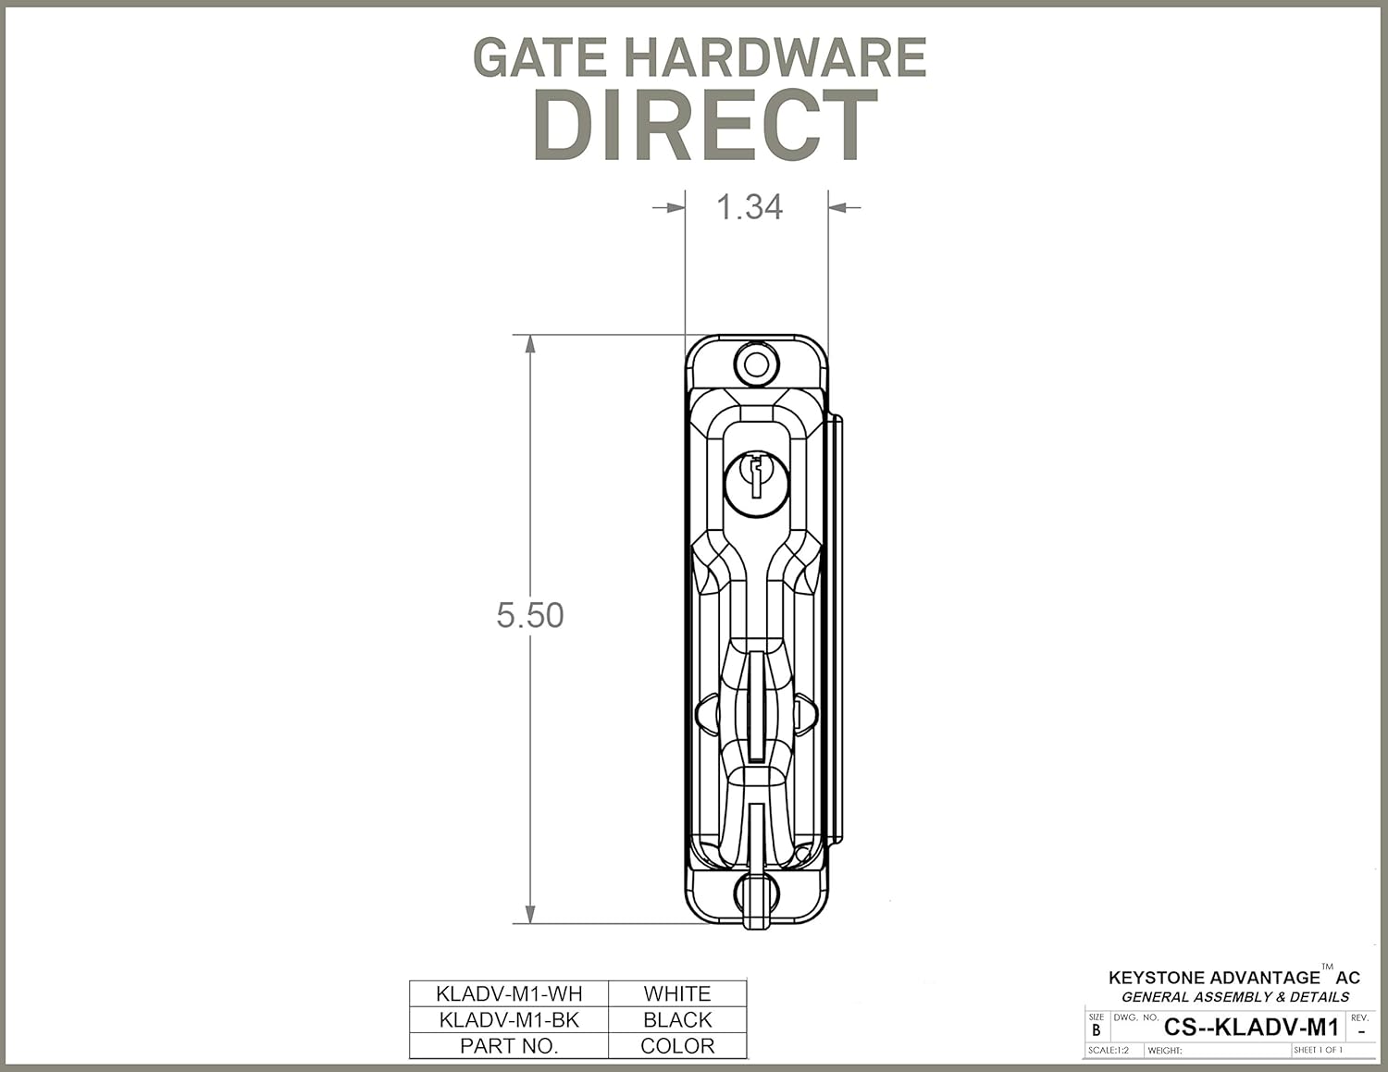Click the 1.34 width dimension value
pyautogui.click(x=750, y=207)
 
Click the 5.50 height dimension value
pyautogui.click(x=529, y=615)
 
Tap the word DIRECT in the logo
pyautogui.click(x=705, y=126)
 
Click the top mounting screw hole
pyautogui.click(x=756, y=363)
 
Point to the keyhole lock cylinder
pyautogui.click(x=756, y=481)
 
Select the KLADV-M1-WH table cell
pyautogui.click(x=509, y=993)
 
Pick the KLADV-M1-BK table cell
pyautogui.click(x=509, y=1019)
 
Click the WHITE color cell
pyautogui.click(x=677, y=993)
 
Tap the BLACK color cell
pyautogui.click(x=677, y=1019)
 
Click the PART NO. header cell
pyautogui.click(x=509, y=1046)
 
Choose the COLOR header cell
pyautogui.click(x=677, y=1046)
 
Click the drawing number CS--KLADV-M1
pyautogui.click(x=1251, y=1027)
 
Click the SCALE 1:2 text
pyautogui.click(x=1109, y=1051)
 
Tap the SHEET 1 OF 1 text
pyautogui.click(x=1318, y=1051)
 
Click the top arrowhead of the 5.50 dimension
pyautogui.click(x=530, y=344)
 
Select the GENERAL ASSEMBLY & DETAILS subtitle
pyautogui.click(x=1235, y=997)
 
